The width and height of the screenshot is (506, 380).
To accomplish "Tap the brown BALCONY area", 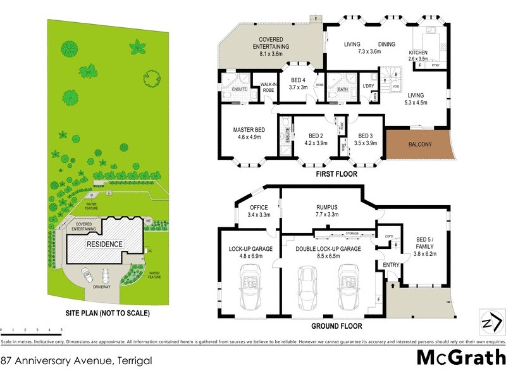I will [x=419, y=145].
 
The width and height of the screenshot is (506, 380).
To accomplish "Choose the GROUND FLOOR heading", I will [x=336, y=326].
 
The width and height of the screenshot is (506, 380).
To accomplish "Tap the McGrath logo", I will [x=460, y=358].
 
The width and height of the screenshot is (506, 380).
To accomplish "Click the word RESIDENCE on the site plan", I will [x=104, y=244].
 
